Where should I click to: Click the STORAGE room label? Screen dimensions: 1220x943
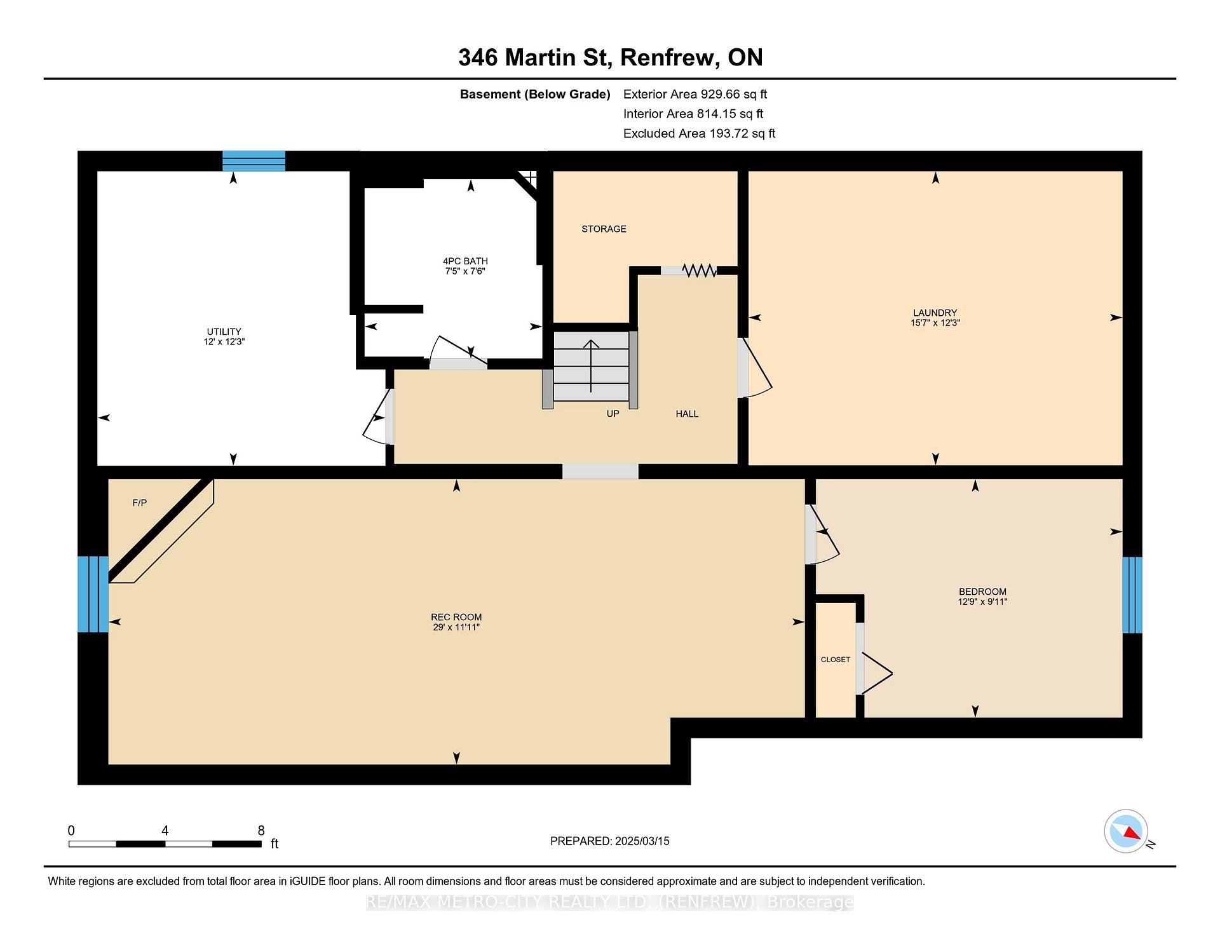point(604,229)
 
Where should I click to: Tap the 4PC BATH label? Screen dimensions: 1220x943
point(465,261)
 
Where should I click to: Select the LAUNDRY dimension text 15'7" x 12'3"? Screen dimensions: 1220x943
point(935,323)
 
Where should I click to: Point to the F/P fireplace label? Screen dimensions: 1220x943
point(140,503)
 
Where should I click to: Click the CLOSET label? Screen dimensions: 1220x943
point(835,660)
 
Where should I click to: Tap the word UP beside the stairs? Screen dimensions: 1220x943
point(613,414)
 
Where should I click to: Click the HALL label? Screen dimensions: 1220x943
point(687,414)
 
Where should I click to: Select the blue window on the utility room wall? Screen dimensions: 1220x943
point(254,161)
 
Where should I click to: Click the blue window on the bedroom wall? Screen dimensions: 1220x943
point(1132,595)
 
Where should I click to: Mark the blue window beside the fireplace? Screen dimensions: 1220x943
point(93,594)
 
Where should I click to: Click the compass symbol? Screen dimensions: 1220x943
point(1126,831)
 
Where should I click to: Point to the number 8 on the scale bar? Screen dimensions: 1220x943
point(261,831)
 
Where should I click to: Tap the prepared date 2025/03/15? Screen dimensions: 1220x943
point(642,841)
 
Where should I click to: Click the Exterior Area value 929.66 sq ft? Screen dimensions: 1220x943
point(734,94)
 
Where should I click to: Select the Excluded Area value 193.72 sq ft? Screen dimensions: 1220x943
point(741,133)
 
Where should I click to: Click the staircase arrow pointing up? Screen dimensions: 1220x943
point(591,366)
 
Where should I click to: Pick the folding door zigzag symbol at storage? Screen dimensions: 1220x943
point(700,271)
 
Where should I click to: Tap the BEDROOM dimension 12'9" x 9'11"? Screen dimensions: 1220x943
point(982,602)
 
